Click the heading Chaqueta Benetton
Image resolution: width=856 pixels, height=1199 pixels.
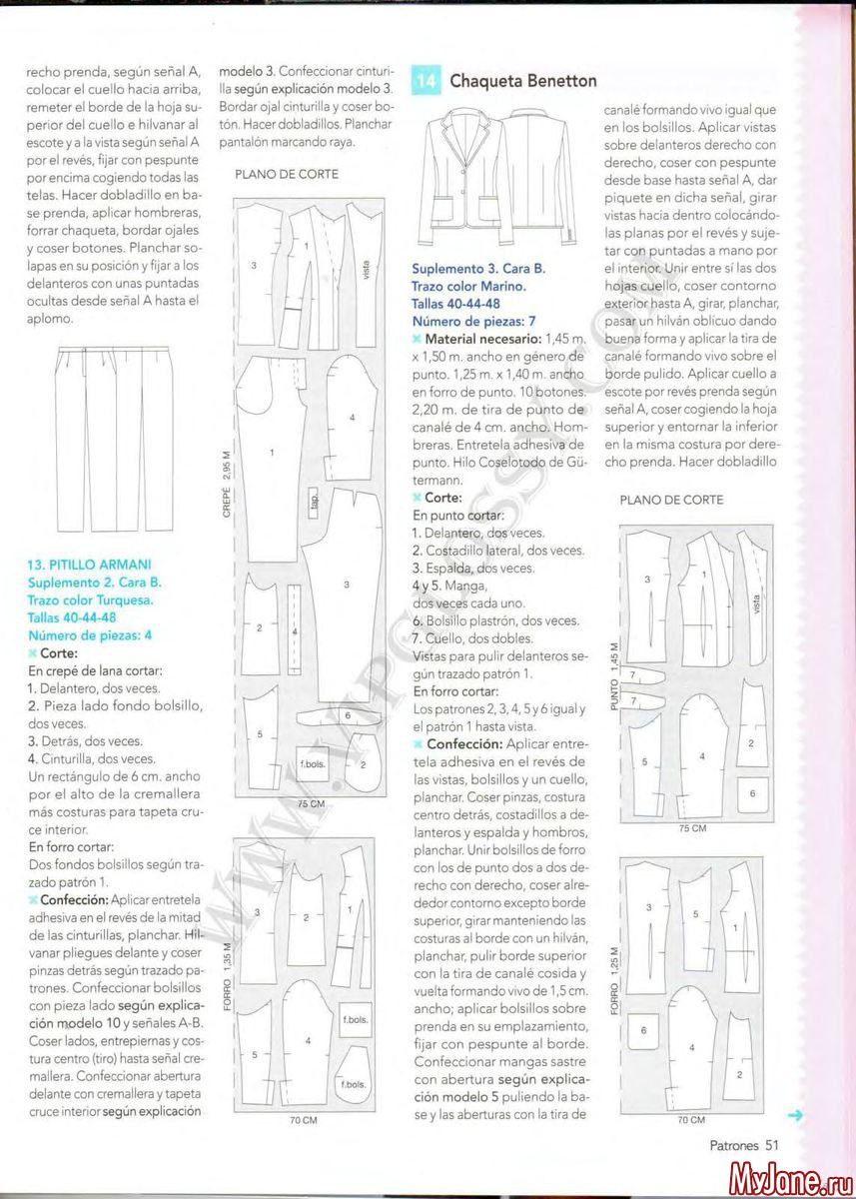pyautogui.click(x=523, y=81)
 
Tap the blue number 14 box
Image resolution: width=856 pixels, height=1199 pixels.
pyautogui.click(x=426, y=81)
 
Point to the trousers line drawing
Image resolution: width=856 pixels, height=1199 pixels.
pyautogui.click(x=116, y=440)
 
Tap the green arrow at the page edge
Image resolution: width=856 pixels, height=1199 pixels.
pyautogui.click(x=796, y=1116)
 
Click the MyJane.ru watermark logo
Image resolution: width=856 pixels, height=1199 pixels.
pyautogui.click(x=788, y=1180)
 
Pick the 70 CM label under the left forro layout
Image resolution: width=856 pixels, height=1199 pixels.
pyautogui.click(x=303, y=1121)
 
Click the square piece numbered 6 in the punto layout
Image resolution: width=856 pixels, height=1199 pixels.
pyautogui.click(x=751, y=794)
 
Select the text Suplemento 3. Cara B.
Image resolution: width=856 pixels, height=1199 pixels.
pyautogui.click(x=478, y=270)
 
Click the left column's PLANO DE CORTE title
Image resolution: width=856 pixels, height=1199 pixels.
pyautogui.click(x=287, y=174)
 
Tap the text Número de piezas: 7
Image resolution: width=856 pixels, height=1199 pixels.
pyautogui.click(x=474, y=321)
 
